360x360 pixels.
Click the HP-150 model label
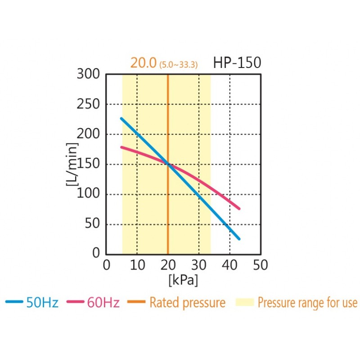pos(237,63)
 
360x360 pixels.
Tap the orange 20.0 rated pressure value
pos(143,63)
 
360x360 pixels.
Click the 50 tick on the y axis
pos(91,224)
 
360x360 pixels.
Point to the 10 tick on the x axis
pos(137,265)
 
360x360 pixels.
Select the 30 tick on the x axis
pos(198,265)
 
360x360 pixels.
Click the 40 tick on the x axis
pos(229,265)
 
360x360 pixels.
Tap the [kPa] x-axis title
pos(183,280)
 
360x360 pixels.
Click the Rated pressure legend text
pos(187,303)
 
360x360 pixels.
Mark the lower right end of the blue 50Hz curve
pos(239,239)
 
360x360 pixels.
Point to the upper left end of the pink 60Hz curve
pos(121,147)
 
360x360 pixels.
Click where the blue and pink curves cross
pos(168,164)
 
